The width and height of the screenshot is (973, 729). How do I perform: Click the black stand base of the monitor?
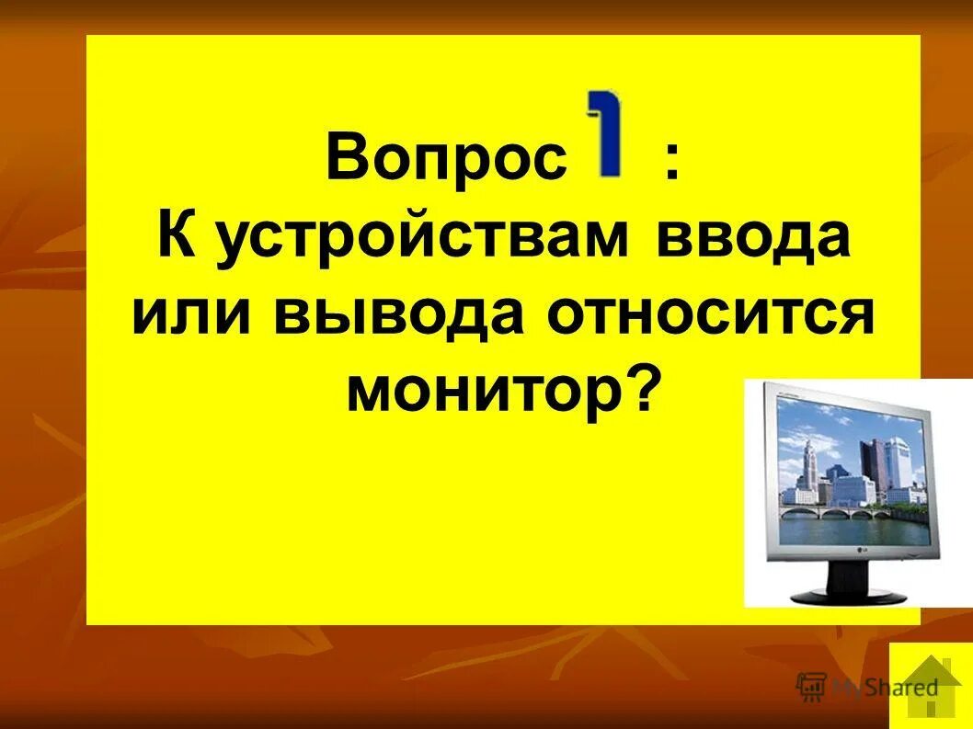(x=853, y=593)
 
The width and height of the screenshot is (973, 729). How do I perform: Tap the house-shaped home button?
(x=931, y=685)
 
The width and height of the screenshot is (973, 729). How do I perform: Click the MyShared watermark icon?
(x=811, y=687)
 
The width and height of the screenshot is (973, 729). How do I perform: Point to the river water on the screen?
(x=846, y=526)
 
